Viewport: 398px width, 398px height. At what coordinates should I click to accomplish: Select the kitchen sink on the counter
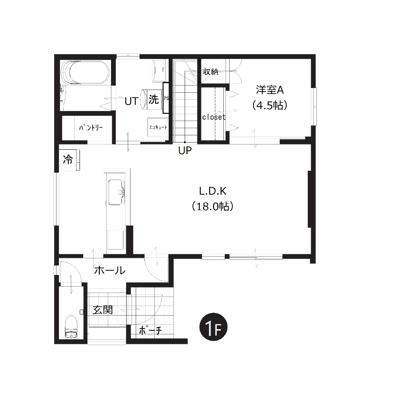tap(116, 192)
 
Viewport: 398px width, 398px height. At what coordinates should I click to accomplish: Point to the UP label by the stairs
tap(185, 151)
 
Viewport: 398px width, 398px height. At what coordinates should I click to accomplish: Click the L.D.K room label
tap(213, 191)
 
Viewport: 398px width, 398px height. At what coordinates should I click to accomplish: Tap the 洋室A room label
tap(269, 90)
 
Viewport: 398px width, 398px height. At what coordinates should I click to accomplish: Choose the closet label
tap(214, 117)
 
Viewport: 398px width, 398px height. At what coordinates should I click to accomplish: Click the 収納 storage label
tap(211, 72)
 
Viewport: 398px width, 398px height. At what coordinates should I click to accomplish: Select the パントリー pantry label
tap(91, 127)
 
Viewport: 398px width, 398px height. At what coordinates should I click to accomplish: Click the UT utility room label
tap(131, 101)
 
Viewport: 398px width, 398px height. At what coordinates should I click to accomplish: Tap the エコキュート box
tap(158, 127)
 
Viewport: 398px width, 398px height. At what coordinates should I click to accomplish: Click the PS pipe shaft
tap(166, 98)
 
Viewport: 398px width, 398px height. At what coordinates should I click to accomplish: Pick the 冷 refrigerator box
tap(68, 160)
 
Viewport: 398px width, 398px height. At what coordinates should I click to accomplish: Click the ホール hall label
tap(110, 271)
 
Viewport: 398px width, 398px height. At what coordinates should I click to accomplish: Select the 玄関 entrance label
tap(102, 310)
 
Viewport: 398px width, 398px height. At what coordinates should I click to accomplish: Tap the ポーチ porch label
tap(150, 330)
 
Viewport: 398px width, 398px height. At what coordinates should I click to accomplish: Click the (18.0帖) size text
tap(213, 206)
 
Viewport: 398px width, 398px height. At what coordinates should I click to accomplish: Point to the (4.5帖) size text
tap(269, 105)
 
